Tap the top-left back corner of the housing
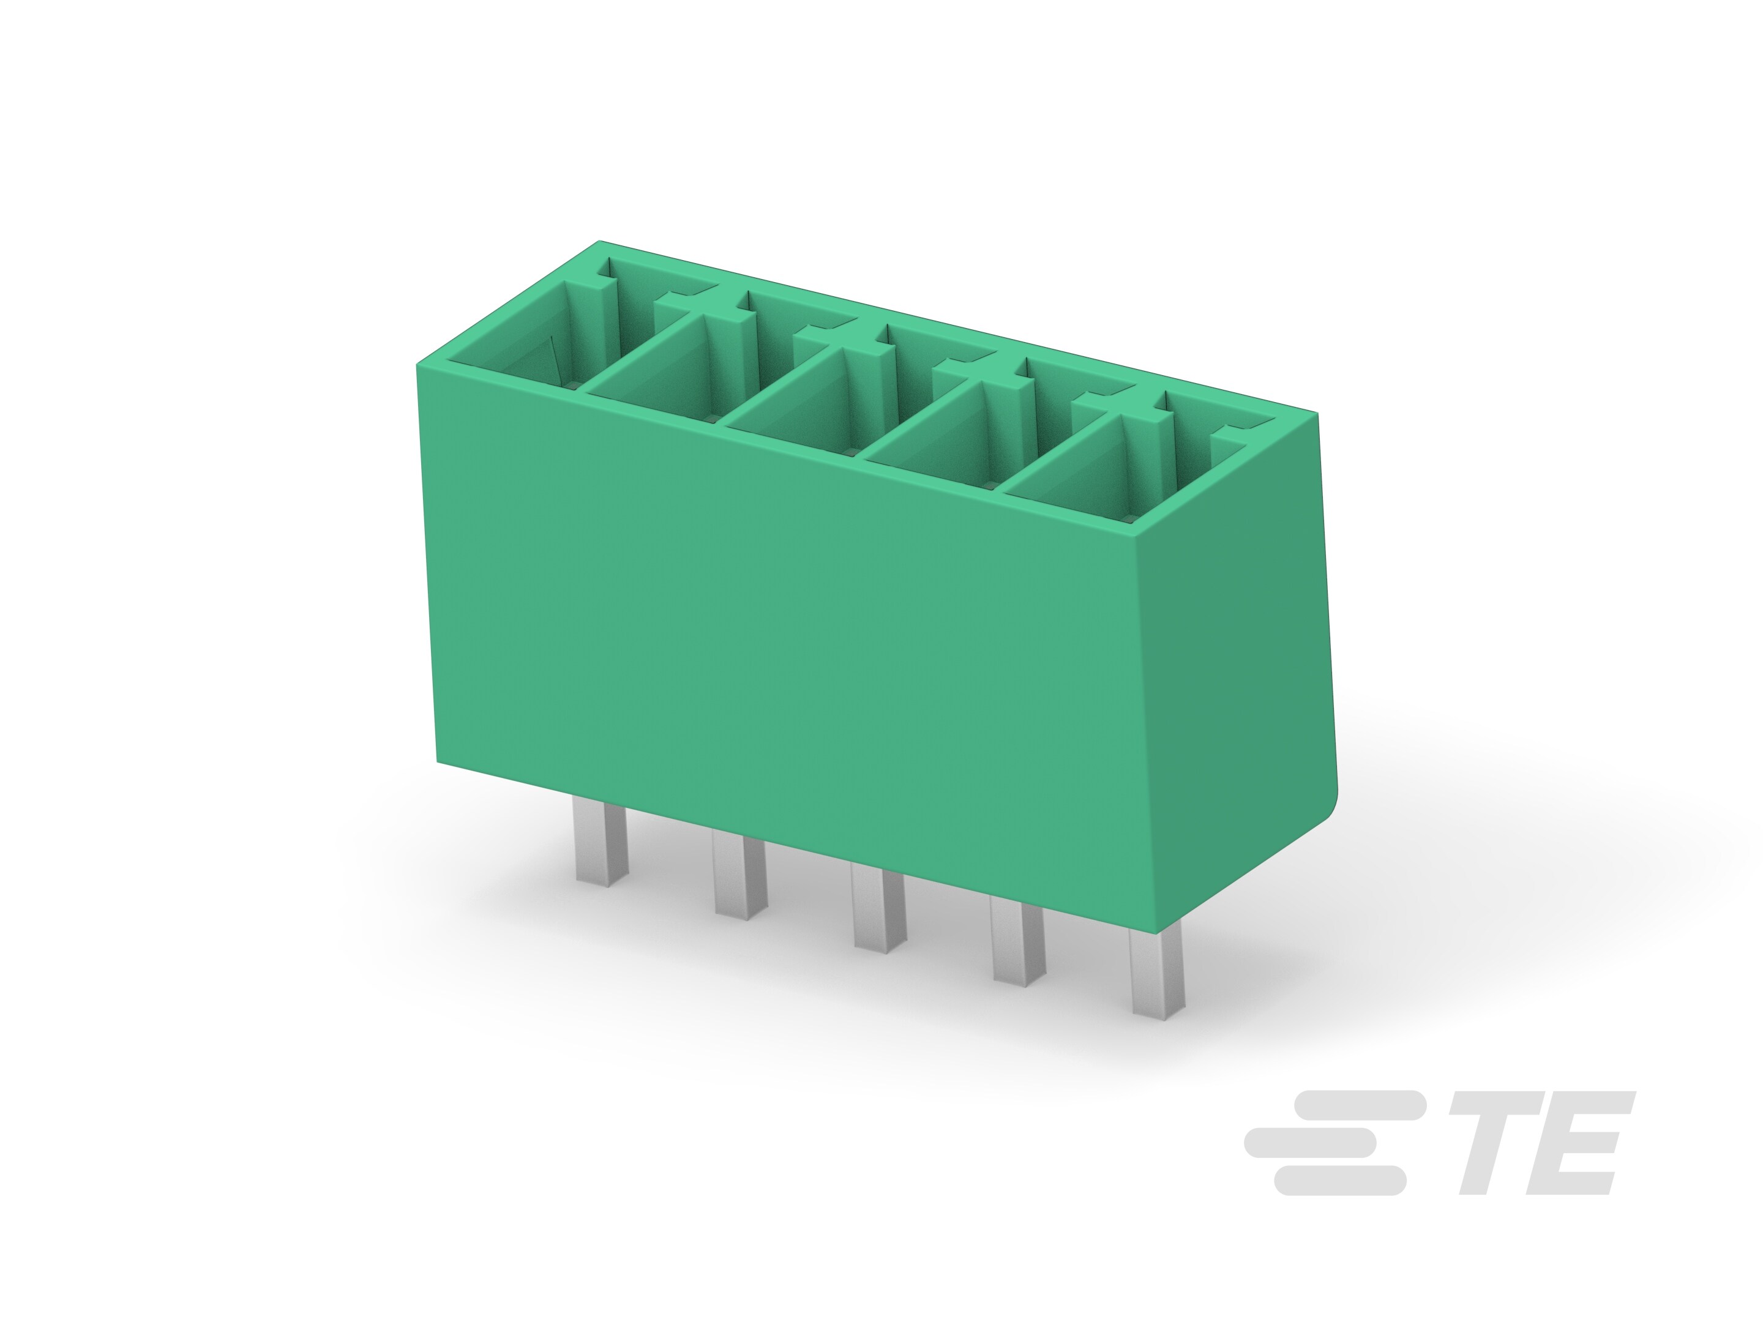coord(600,242)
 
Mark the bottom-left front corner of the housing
coord(438,761)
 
